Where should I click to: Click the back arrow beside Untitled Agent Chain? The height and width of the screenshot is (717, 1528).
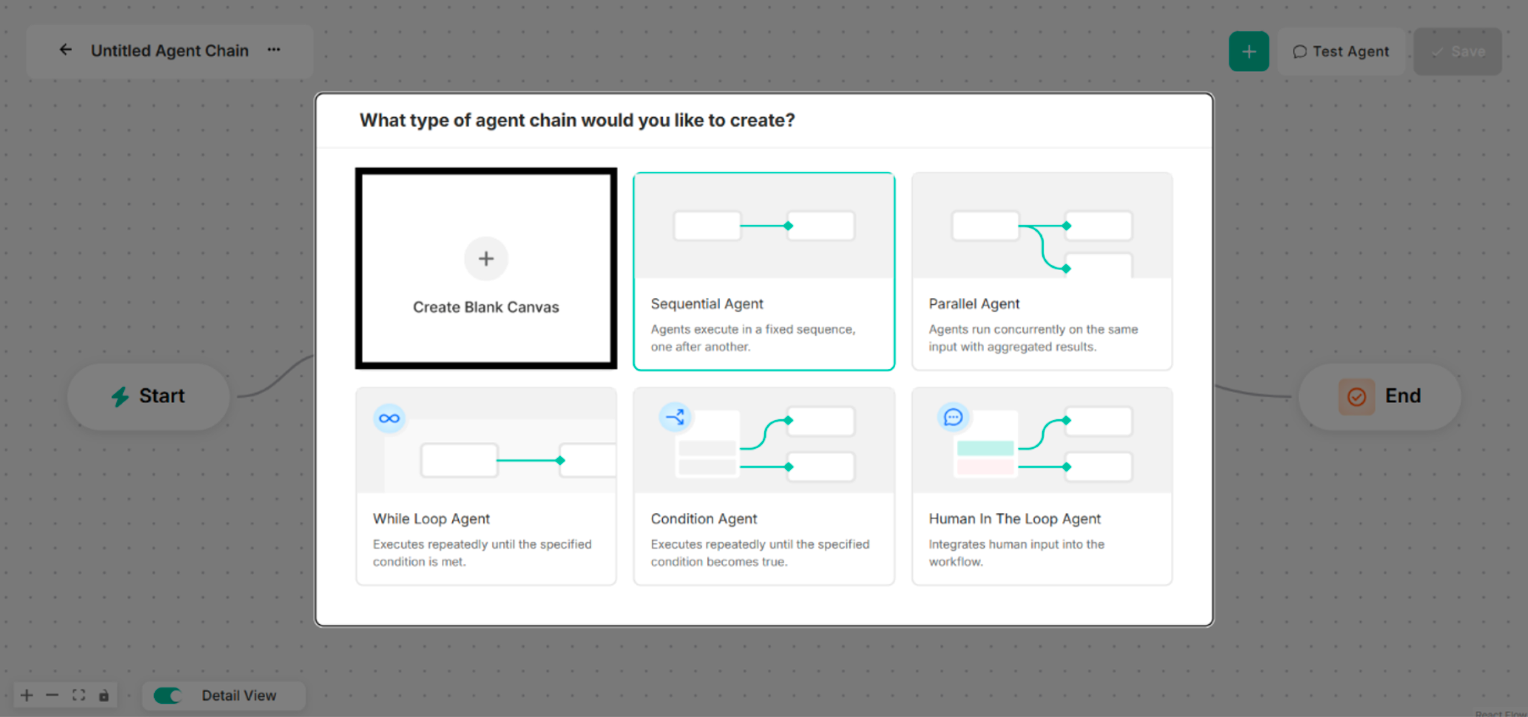pyautogui.click(x=65, y=51)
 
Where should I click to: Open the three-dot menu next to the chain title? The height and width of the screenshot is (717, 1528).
pyautogui.click(x=273, y=51)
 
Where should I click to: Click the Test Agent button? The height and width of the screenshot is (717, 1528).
pyautogui.click(x=1341, y=51)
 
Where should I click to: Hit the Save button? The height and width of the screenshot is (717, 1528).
pyautogui.click(x=1458, y=51)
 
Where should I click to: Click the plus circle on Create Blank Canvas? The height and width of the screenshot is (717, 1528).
pyautogui.click(x=486, y=259)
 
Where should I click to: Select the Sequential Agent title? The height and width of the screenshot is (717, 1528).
pyautogui.click(x=706, y=304)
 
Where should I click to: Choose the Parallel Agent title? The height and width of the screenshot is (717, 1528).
pyautogui.click(x=974, y=304)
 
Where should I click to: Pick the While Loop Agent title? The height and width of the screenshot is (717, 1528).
pyautogui.click(x=431, y=519)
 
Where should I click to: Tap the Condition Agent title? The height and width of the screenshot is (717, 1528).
pyautogui.click(x=703, y=519)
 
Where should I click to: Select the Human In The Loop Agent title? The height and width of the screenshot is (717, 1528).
pyautogui.click(x=1014, y=519)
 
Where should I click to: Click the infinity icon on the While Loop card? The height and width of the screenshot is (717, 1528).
pyautogui.click(x=389, y=418)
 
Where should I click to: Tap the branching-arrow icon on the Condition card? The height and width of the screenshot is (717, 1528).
pyautogui.click(x=675, y=417)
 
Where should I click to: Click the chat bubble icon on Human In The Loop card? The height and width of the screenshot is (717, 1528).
pyautogui.click(x=952, y=417)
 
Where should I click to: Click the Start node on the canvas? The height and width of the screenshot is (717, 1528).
pyautogui.click(x=149, y=396)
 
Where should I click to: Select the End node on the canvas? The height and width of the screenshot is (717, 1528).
pyautogui.click(x=1380, y=396)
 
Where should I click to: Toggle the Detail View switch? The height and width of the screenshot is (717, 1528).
pyautogui.click(x=167, y=695)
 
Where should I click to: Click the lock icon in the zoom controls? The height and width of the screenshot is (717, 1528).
pyautogui.click(x=104, y=695)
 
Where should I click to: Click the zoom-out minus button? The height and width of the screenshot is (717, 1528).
pyautogui.click(x=52, y=695)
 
